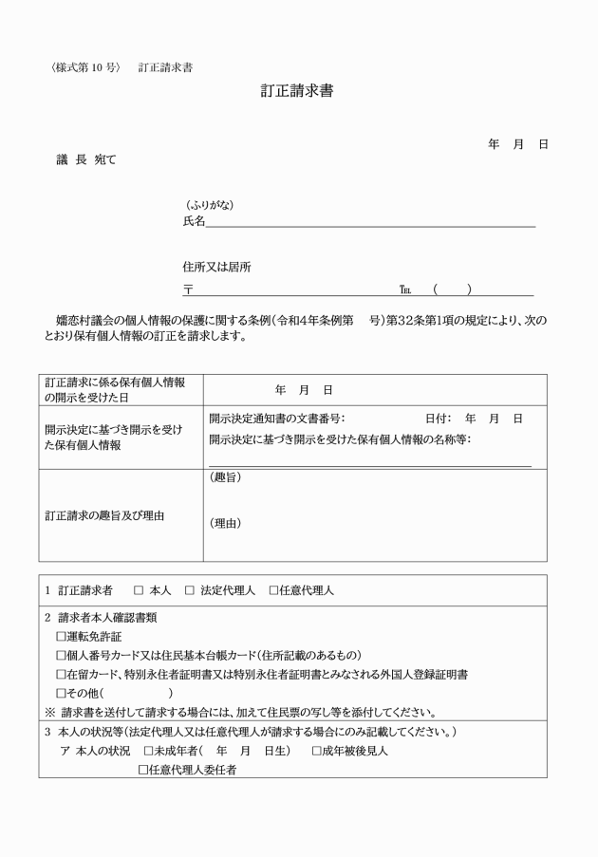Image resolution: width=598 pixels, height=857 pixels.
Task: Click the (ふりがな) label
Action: [208, 205]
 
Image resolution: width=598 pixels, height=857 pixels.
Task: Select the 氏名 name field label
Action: [194, 221]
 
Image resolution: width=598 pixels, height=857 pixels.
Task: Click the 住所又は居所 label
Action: [217, 268]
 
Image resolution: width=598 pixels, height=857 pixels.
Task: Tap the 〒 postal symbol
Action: [188, 289]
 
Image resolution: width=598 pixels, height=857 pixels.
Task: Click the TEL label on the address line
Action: [406, 289]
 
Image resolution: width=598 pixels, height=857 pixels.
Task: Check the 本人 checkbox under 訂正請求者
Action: [139, 590]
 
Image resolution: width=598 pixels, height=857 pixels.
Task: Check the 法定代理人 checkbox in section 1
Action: [190, 590]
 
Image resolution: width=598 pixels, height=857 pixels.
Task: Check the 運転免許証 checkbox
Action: [62, 636]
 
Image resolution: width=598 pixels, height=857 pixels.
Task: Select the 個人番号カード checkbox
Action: [62, 655]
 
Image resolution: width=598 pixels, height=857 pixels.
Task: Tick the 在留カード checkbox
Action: [62, 674]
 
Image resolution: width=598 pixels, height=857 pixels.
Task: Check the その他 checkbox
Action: [62, 693]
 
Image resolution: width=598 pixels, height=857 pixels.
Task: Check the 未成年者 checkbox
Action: [148, 751]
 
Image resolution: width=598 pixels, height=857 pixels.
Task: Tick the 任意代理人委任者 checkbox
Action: [143, 770]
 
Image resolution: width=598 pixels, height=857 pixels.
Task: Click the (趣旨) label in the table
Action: [224, 477]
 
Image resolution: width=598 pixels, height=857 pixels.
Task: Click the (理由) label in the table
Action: [224, 523]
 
